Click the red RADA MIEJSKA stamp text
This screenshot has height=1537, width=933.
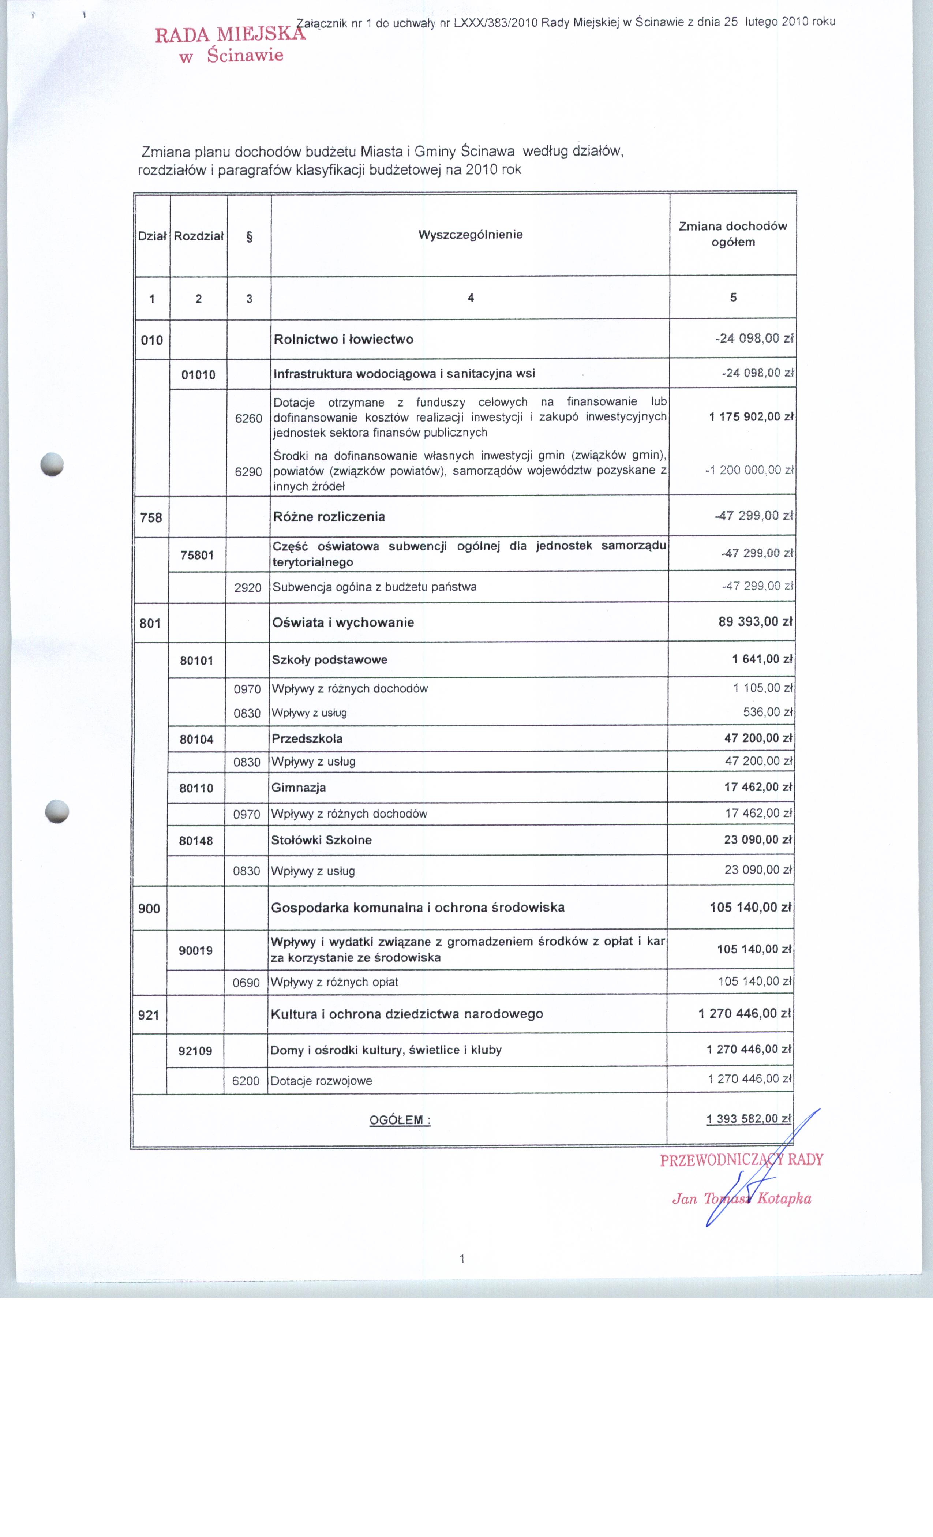(x=230, y=34)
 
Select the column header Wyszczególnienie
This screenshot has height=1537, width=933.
(x=470, y=235)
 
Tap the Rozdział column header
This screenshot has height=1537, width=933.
(x=198, y=236)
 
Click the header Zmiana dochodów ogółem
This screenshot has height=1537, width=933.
(x=733, y=234)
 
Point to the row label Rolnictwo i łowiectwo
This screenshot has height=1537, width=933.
(x=344, y=339)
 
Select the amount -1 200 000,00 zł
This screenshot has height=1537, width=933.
(x=749, y=470)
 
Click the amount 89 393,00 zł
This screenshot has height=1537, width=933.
(x=755, y=621)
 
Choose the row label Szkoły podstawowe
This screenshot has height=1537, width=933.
(x=329, y=660)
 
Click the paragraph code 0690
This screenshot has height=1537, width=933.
(x=246, y=983)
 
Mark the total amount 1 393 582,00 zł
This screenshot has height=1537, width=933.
(x=748, y=1118)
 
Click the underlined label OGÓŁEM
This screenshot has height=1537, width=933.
(x=399, y=1120)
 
